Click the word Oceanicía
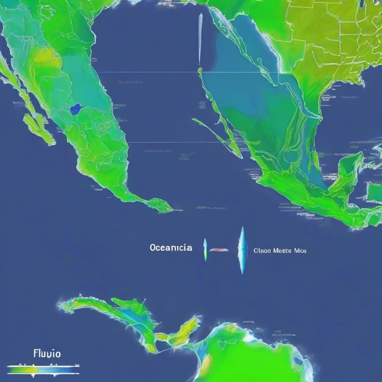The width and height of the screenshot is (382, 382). tap(170, 247)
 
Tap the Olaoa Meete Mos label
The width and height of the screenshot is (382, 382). tap(280, 249)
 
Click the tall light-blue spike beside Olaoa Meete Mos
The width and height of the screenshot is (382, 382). tap(242, 250)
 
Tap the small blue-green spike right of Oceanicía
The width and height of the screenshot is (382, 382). tap(205, 250)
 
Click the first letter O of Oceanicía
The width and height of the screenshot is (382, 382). tap(153, 247)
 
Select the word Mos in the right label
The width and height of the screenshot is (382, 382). tap(299, 249)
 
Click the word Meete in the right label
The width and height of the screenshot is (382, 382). tap(282, 249)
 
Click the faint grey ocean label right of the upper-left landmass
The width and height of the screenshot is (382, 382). tap(130, 81)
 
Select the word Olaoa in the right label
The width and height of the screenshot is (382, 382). tap(262, 249)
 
